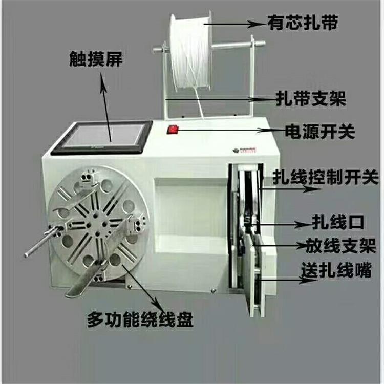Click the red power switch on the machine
173,130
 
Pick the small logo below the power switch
237,150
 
